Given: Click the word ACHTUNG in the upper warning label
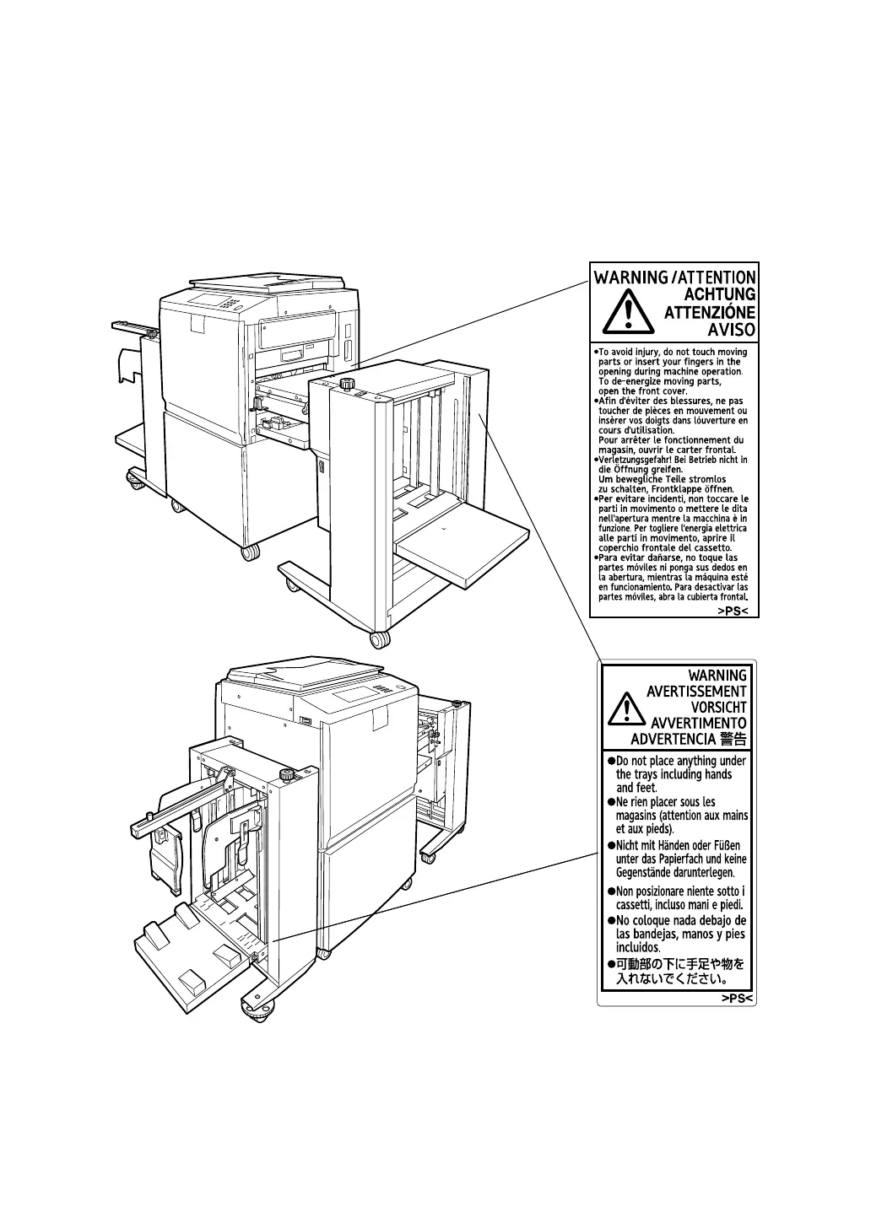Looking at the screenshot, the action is point(719,294).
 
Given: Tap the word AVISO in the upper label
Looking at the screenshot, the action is point(731,331).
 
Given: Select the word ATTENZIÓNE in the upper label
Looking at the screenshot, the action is point(710,312).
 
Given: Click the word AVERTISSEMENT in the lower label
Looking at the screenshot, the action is point(696,692).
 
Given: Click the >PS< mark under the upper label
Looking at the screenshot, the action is point(733,610).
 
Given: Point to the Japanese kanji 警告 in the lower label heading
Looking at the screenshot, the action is point(734,740).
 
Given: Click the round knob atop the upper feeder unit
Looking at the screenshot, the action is point(346,384).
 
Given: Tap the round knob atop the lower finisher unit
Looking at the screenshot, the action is point(286,773).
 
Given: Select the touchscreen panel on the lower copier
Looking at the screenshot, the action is point(352,697).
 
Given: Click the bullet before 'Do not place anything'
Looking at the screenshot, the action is point(610,761).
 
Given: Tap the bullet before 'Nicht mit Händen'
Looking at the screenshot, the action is point(610,846).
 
